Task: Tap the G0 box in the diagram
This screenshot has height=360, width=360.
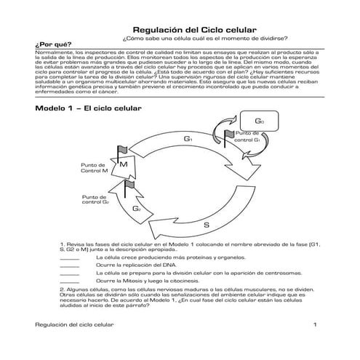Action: coord(260,121)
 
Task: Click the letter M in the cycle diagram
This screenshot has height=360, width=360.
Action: coord(124,165)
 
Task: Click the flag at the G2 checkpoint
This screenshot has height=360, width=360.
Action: coord(130,186)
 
